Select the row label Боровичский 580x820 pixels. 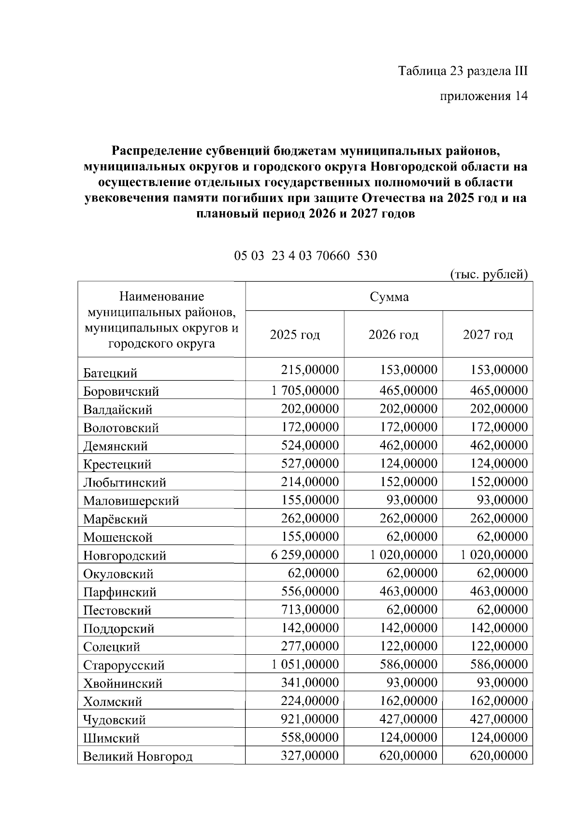[121, 391]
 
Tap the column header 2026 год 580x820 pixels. [393, 334]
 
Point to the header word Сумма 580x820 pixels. [389, 296]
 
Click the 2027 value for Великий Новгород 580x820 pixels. [498, 755]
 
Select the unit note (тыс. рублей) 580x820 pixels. [489, 274]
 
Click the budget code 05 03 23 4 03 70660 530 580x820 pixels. [305, 255]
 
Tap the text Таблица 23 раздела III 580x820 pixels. [463, 71]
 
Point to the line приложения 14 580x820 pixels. [483, 96]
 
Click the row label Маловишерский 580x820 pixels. [131, 501]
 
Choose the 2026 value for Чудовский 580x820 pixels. [408, 719]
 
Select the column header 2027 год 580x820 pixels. [488, 334]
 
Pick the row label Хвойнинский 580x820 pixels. [123, 683]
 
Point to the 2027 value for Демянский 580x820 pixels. [498, 445]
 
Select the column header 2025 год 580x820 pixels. [295, 334]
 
